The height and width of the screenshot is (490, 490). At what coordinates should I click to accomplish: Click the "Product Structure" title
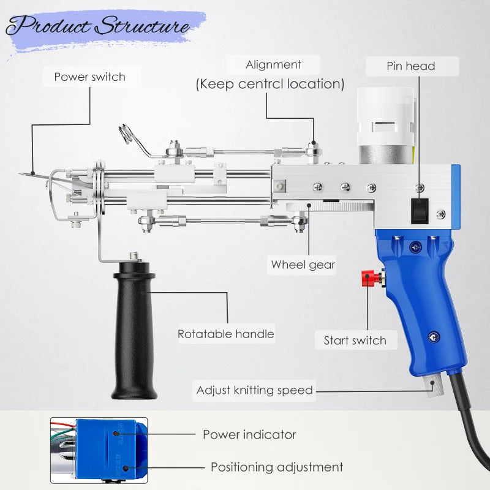click(98, 27)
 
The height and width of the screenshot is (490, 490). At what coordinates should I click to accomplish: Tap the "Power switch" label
click(89, 77)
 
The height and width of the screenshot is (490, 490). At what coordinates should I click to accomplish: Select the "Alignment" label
click(273, 65)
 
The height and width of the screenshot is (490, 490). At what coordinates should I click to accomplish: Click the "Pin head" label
click(410, 66)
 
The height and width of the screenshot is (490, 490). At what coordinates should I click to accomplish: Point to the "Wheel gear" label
click(303, 265)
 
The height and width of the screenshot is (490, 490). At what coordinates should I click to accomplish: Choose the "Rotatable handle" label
click(225, 334)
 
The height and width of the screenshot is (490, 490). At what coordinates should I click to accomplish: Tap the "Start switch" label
click(355, 341)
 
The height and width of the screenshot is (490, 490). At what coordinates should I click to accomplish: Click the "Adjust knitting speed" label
click(254, 390)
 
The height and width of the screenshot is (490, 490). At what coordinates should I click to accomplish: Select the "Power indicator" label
click(249, 435)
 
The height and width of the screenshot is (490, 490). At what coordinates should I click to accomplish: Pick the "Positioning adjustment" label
click(277, 467)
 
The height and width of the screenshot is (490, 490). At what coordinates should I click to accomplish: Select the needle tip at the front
click(23, 173)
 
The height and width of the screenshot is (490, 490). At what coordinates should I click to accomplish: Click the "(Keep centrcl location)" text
click(270, 84)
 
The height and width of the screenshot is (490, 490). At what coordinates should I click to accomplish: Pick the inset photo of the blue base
click(99, 451)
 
